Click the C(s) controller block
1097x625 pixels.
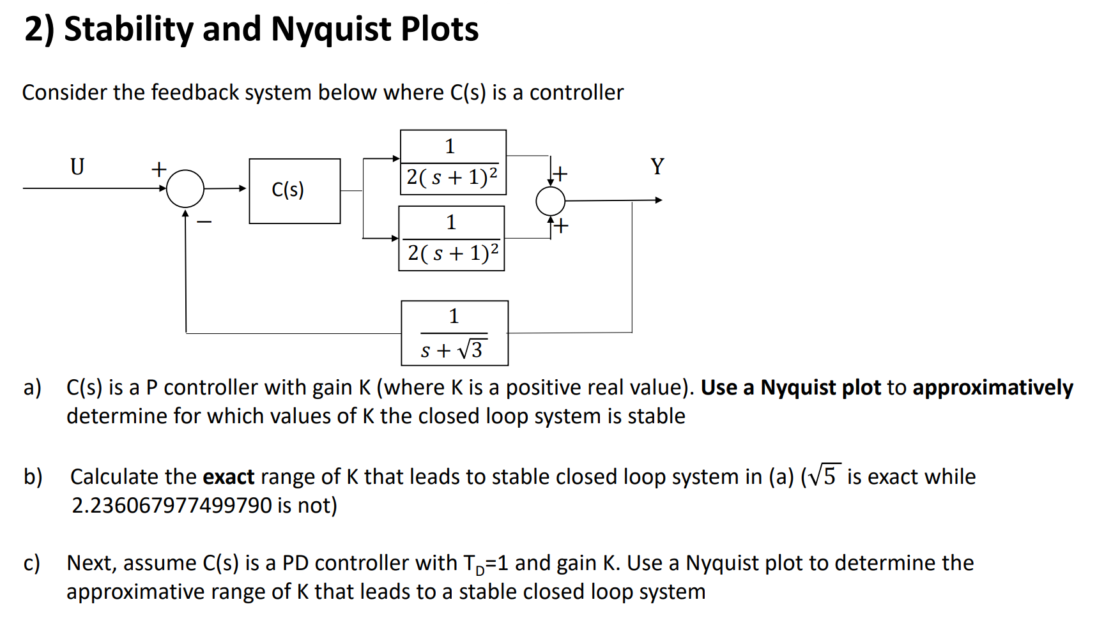coord(295,191)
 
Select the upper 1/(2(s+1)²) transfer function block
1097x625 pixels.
coord(453,163)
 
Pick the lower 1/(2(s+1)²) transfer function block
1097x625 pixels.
coord(452,238)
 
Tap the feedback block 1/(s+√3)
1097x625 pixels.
coord(454,333)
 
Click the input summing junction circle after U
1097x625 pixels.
coord(185,188)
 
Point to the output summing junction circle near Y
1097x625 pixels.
coord(550,201)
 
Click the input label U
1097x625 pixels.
coord(77,167)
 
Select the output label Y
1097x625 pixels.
coord(657,167)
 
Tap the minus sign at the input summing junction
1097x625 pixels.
coord(204,222)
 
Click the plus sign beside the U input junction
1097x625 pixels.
coord(158,169)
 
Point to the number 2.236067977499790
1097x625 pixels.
coord(172,505)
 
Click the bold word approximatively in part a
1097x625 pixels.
coord(993,388)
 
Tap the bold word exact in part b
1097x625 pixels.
coord(229,477)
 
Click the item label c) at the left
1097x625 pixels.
coord(32,563)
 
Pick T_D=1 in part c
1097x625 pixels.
coord(484,563)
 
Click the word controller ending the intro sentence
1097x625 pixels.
coord(576,93)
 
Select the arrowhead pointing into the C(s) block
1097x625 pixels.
coord(243,188)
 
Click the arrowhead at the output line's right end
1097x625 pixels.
coord(659,200)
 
